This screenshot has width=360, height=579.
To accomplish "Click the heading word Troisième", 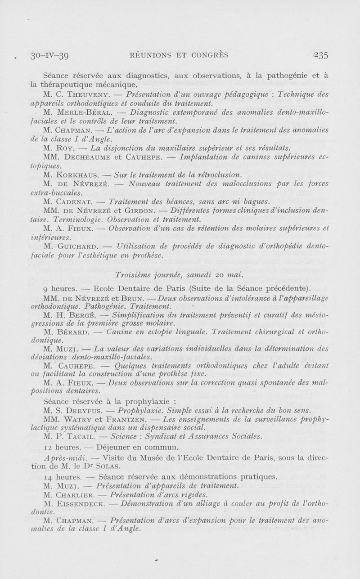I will point(133,275).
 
